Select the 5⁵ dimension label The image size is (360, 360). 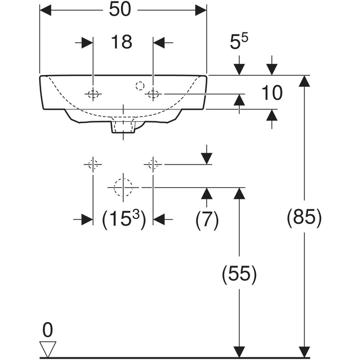point(241,44)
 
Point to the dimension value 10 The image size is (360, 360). point(271,93)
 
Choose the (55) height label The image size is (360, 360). point(239,274)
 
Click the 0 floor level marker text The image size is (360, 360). point(47,331)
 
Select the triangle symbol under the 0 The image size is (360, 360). point(48,348)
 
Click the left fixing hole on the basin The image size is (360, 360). point(93,94)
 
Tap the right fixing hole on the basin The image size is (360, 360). point(153,94)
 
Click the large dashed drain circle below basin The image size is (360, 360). point(123,187)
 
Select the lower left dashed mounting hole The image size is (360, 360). point(93,165)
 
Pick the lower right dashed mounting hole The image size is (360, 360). point(153,165)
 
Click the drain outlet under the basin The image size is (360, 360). point(123,126)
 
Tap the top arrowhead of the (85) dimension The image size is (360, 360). point(305,81)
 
